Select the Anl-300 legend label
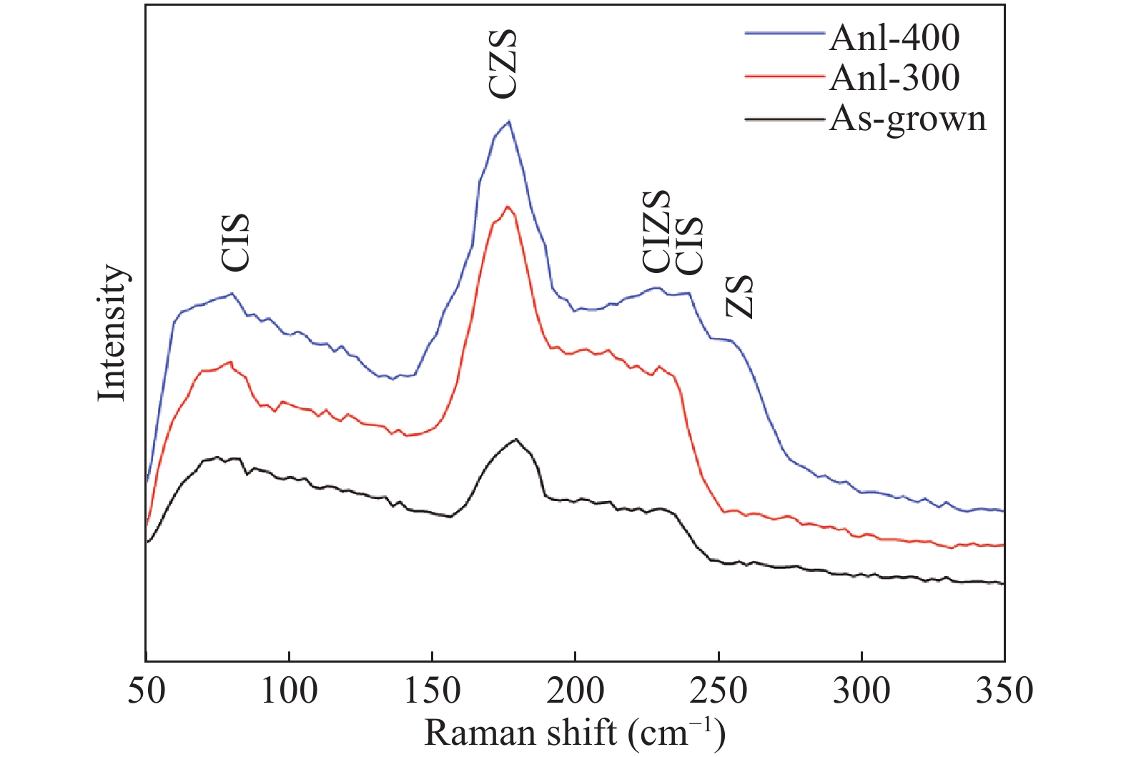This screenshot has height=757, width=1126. pyautogui.click(x=894, y=77)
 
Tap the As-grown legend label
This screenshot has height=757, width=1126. pyautogui.click(x=907, y=119)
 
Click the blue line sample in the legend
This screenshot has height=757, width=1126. pyautogui.click(x=784, y=33)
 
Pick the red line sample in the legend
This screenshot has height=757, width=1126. pyautogui.click(x=784, y=74)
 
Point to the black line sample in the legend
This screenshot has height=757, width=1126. pyautogui.click(x=784, y=119)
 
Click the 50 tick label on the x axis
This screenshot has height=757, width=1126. pyautogui.click(x=146, y=691)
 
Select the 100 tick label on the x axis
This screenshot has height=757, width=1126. pyautogui.click(x=289, y=691)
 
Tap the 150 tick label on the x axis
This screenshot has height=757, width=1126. pyautogui.click(x=432, y=691)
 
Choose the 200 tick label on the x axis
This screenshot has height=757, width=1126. pyautogui.click(x=575, y=691)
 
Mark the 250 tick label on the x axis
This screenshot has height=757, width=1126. pyautogui.click(x=718, y=691)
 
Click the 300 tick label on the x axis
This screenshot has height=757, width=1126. pyautogui.click(x=861, y=691)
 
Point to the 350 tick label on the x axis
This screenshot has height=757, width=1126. pyautogui.click(x=1004, y=691)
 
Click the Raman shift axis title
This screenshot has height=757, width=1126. pyautogui.click(x=575, y=733)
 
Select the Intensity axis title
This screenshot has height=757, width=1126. pyautogui.click(x=112, y=332)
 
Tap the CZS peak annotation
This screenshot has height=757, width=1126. pyautogui.click(x=502, y=64)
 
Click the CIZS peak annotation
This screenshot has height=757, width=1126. pyautogui.click(x=656, y=232)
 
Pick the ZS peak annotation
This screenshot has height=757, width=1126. pyautogui.click(x=740, y=296)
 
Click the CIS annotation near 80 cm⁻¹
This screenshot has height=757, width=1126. pyautogui.click(x=235, y=242)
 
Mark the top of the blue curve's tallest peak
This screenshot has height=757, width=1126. pyautogui.click(x=508, y=122)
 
